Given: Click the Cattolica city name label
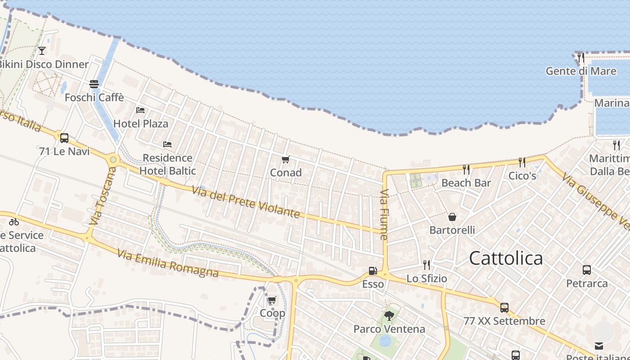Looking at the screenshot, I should [x=506, y=258].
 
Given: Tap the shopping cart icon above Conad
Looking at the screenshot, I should [x=285, y=160].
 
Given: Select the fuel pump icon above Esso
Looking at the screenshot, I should [x=373, y=271].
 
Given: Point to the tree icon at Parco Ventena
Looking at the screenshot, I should [x=389, y=316].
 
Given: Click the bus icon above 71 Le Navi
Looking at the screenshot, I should [x=64, y=138].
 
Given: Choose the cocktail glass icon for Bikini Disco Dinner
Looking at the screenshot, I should [x=42, y=51].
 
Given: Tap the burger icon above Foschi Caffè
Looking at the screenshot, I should [x=94, y=84].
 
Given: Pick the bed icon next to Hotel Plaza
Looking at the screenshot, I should [x=140, y=110].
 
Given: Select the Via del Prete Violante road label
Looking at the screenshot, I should [x=246, y=202].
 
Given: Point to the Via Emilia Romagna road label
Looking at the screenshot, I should [x=168, y=263].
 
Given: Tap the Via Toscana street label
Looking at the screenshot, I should [x=103, y=196].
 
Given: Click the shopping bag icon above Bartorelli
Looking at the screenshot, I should [x=452, y=217].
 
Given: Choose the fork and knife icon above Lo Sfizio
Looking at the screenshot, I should [x=426, y=265].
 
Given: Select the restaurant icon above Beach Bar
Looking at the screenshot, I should [x=466, y=169].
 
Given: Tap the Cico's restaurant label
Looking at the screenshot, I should [x=522, y=175].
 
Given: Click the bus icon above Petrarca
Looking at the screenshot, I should [x=587, y=270].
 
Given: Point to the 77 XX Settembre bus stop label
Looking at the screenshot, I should [x=504, y=321].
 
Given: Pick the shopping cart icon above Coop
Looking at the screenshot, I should [x=272, y=300].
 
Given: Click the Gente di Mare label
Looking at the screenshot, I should [x=580, y=71].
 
